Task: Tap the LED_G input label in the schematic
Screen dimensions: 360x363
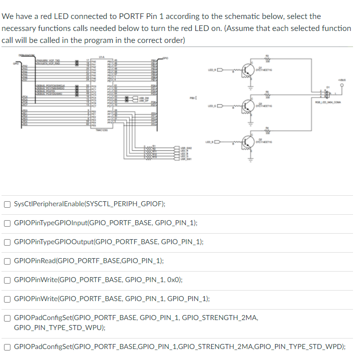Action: pos(211,107)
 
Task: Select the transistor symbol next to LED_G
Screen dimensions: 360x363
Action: pos(248,106)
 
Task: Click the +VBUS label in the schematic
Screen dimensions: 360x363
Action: pos(342,79)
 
